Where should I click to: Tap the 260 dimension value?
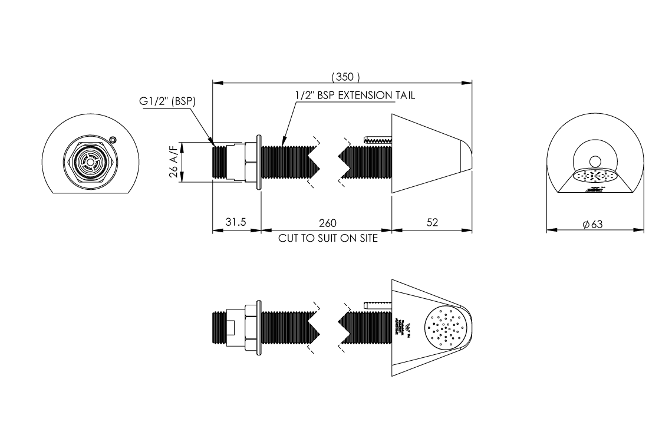(x=327, y=222)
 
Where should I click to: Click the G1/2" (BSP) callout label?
(x=167, y=101)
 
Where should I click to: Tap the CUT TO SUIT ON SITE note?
(x=327, y=239)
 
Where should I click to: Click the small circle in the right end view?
(x=594, y=161)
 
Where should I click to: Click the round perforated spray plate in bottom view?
(x=446, y=327)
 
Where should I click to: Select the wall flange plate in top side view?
(x=258, y=162)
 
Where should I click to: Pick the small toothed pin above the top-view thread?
(x=378, y=140)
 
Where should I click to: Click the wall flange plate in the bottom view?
(x=258, y=327)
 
